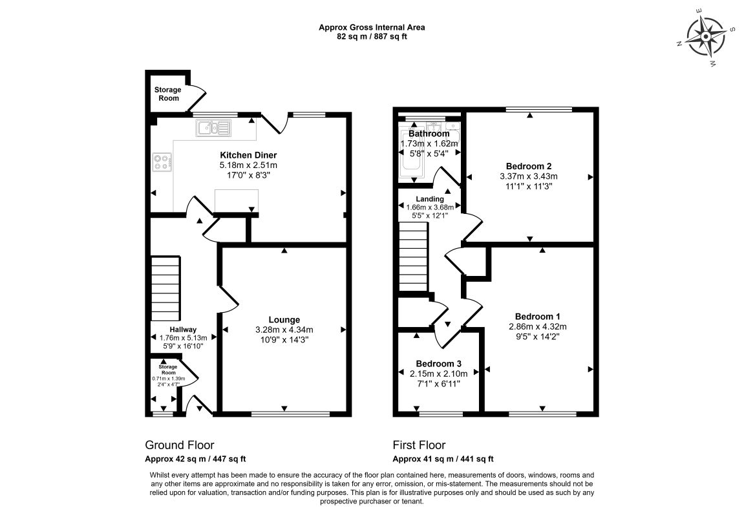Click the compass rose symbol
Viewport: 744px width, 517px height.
point(706,37)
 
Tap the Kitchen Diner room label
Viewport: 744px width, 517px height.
point(248,155)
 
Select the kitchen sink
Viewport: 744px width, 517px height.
point(213,127)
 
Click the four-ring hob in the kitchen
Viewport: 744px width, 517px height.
point(162,162)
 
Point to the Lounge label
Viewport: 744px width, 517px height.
point(284,320)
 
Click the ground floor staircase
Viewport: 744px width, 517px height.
point(165,289)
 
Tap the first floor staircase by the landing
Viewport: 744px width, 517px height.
point(413,258)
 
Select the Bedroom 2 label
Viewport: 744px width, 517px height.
point(529,166)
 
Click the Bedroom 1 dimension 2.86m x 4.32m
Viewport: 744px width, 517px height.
point(538,327)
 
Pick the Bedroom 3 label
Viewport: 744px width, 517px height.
point(438,364)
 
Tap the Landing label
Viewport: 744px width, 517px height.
point(430,199)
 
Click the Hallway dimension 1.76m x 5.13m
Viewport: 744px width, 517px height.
point(183,338)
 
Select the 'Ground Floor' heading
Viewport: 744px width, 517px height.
point(179,445)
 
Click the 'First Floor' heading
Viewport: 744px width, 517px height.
point(419,445)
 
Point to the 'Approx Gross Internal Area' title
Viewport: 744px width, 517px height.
point(372,28)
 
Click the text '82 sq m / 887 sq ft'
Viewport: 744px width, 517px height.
point(372,37)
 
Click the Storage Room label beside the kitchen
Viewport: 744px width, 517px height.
point(167,94)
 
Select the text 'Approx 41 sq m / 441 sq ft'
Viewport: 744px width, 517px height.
point(443,459)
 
